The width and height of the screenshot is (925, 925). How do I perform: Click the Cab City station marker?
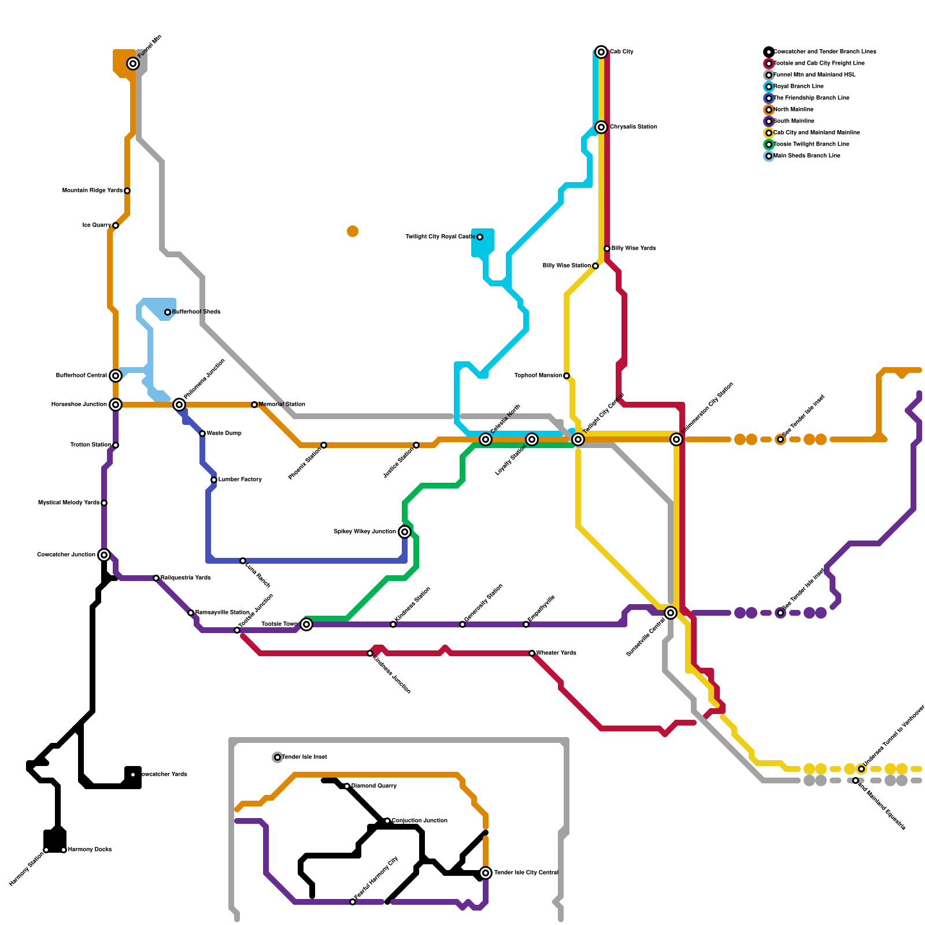click(601, 52)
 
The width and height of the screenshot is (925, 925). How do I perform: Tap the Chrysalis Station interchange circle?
click(601, 127)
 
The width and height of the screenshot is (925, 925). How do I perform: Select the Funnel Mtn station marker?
click(133, 64)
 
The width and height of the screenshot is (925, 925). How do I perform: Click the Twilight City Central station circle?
click(578, 439)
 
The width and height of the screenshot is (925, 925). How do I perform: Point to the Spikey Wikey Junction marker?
click(405, 532)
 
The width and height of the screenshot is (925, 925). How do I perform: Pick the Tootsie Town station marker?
click(306, 624)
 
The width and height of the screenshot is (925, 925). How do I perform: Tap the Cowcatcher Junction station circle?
click(104, 555)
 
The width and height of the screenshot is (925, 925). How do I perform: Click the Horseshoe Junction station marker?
click(116, 405)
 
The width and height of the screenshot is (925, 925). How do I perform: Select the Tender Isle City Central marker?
click(486, 873)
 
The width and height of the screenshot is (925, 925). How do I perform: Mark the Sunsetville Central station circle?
click(671, 613)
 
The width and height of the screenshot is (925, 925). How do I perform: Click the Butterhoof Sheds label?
click(196, 312)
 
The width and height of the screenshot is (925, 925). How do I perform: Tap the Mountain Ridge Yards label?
click(92, 191)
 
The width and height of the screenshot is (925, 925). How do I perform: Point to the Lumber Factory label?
click(240, 480)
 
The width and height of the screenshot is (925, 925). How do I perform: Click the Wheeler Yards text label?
click(556, 653)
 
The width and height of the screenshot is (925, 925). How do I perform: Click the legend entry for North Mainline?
click(793, 110)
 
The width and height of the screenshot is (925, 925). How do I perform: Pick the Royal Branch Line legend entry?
click(798, 87)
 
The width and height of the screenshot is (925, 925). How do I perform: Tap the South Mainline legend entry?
click(794, 121)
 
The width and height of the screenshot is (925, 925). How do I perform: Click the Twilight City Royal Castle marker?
click(480, 237)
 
